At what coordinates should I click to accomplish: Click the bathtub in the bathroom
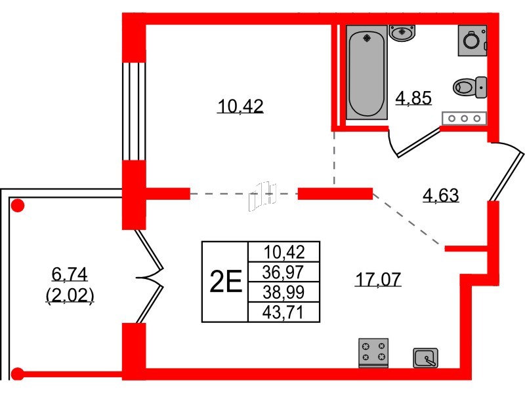coord(367,72)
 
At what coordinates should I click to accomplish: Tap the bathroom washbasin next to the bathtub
coord(402,33)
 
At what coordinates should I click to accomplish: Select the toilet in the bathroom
coord(470,87)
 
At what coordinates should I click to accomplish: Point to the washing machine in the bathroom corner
coord(472,41)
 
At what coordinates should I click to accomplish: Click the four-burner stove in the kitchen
coord(373,352)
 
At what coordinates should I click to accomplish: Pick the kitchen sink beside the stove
coord(425,358)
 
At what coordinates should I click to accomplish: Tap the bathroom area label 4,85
coord(413,98)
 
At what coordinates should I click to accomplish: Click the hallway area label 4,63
coord(440,195)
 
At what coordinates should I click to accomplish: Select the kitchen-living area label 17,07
coord(378,280)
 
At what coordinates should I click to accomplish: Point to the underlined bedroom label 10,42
coord(240,106)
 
